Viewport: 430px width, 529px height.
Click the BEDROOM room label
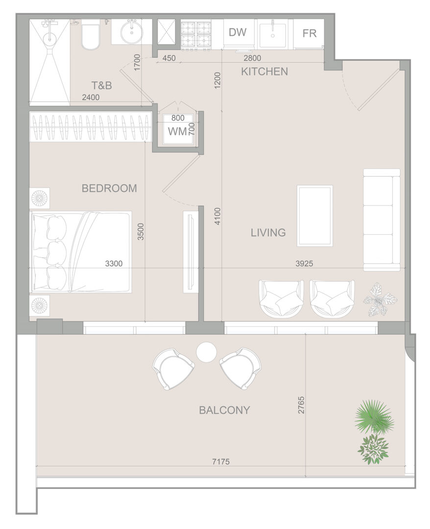tap(109, 188)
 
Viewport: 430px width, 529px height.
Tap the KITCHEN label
tap(264, 72)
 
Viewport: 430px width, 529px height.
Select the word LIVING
tap(268, 233)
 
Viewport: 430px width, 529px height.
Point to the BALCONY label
tap(224, 410)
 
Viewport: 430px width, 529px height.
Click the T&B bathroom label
tap(101, 85)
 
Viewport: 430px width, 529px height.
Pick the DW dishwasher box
tap(238, 33)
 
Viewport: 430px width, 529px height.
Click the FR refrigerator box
tap(309, 33)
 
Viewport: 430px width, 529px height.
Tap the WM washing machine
tap(177, 130)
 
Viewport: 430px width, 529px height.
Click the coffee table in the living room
tap(314, 216)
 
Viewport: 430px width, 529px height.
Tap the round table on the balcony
tap(206, 352)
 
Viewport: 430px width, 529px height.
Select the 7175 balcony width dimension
tap(221, 461)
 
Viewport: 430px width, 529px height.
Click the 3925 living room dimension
tap(304, 264)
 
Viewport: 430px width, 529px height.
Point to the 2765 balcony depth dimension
tap(301, 405)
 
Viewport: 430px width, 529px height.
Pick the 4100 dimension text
tap(217, 216)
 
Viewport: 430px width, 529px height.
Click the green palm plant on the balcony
tap(374, 417)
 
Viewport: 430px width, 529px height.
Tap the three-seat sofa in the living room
tap(382, 220)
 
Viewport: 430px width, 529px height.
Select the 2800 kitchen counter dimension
tap(252, 58)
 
